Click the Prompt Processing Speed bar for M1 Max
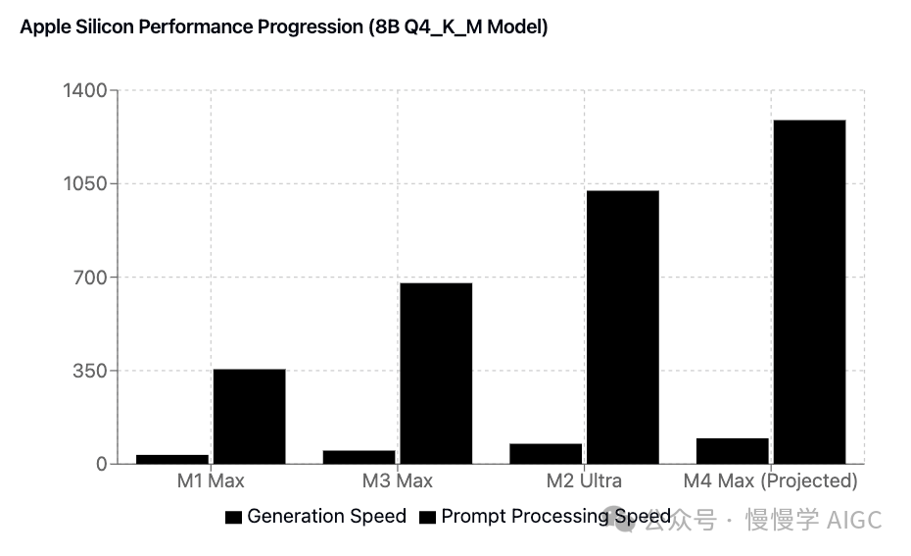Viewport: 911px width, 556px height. [x=249, y=416]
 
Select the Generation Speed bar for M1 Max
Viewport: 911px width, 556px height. [x=172, y=459]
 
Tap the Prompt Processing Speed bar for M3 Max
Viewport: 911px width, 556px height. [x=436, y=373]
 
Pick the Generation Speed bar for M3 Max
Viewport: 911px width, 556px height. [x=359, y=457]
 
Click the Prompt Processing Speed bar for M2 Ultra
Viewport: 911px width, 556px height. [x=622, y=327]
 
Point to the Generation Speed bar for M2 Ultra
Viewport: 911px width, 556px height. [x=546, y=453]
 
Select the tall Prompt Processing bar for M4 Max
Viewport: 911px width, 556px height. [x=808, y=291]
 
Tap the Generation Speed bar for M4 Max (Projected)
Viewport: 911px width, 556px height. [x=732, y=451]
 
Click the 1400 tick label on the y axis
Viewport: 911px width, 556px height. [x=85, y=90]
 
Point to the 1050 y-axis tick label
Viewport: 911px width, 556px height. [x=85, y=183]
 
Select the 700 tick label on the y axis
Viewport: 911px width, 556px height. [x=90, y=278]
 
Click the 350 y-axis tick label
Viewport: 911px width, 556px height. [x=90, y=371]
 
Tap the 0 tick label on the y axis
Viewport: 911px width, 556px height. [x=101, y=464]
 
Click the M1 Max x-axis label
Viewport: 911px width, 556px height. [x=211, y=481]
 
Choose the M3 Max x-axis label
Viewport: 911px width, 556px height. [x=397, y=481]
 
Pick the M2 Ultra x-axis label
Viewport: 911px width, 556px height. [x=584, y=481]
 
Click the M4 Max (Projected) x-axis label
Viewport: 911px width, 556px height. [x=770, y=481]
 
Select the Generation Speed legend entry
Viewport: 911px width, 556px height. [x=315, y=517]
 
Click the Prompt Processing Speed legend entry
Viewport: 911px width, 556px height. [x=545, y=517]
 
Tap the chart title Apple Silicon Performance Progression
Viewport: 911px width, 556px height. [x=284, y=27]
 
